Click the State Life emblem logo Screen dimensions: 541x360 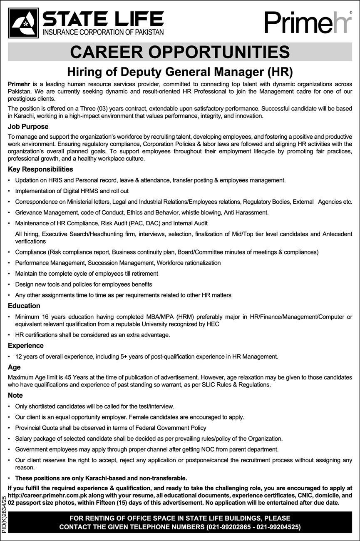tap(23, 23)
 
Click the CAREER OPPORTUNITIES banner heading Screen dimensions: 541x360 tap(180, 52)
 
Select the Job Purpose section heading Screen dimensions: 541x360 tap(28, 126)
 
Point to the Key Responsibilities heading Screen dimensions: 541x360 tap(40, 169)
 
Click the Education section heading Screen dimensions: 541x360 tap(24, 306)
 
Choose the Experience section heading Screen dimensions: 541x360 tap(26, 345)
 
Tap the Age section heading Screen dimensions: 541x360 tap(14, 367)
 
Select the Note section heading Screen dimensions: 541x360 tap(15, 395)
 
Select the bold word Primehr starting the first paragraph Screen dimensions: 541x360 tap(20, 84)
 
